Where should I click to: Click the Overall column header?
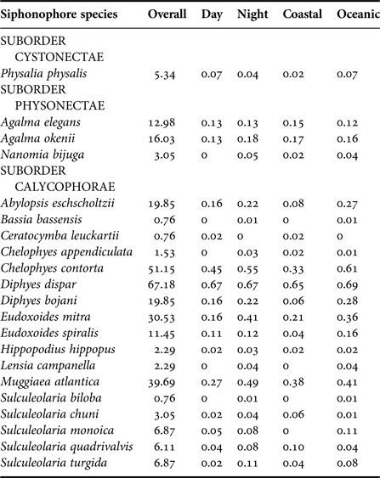[x=167, y=16]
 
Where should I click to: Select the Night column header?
[x=252, y=16]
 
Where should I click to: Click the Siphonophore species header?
[x=65, y=16]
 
